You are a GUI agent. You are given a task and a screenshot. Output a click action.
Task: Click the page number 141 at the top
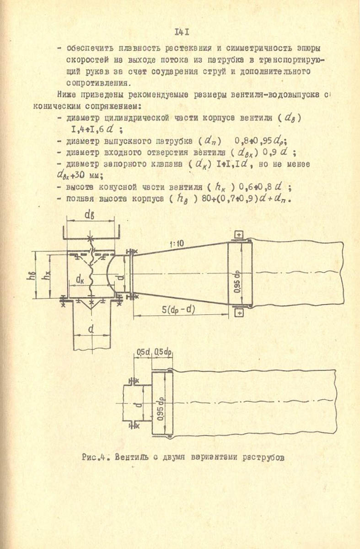pyautogui.click(x=182, y=32)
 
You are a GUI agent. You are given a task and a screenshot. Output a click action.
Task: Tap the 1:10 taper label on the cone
pyautogui.click(x=176, y=244)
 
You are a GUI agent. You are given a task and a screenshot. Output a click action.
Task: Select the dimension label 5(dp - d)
pyautogui.click(x=178, y=310)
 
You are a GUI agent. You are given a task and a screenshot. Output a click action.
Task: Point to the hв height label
pyautogui.click(x=29, y=276)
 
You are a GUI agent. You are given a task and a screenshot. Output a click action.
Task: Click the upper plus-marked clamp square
pyautogui.click(x=239, y=235)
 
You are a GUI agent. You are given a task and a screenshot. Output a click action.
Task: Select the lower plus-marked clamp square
pyautogui.click(x=239, y=313)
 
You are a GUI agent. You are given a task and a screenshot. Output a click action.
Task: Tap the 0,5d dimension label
pyautogui.click(x=143, y=352)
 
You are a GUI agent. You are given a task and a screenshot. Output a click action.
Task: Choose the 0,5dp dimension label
pyautogui.click(x=162, y=352)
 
